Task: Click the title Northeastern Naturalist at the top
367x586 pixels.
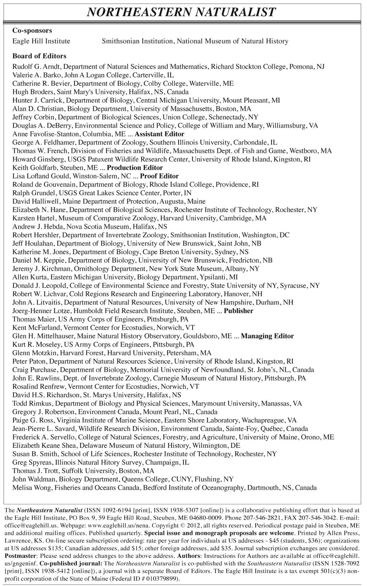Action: pos(182,12)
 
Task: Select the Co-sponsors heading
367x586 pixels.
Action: pos(32,31)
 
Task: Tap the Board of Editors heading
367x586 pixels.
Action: pos(39,56)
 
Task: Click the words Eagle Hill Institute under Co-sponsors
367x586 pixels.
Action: pos(41,41)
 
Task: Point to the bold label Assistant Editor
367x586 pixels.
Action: pos(159,134)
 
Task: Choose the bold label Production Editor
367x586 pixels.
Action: pos(135,168)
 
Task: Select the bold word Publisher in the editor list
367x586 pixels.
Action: pos(239,311)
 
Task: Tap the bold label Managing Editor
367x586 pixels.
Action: pos(267,336)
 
